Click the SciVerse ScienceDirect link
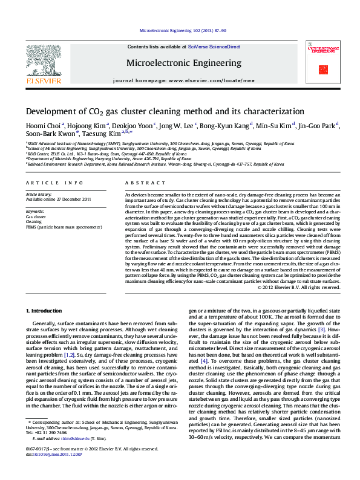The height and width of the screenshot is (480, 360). point(214,47)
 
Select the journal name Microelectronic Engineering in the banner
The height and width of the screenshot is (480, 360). point(183,63)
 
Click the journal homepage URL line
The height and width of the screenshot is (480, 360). point(184,80)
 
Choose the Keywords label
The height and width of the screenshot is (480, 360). point(36,211)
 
